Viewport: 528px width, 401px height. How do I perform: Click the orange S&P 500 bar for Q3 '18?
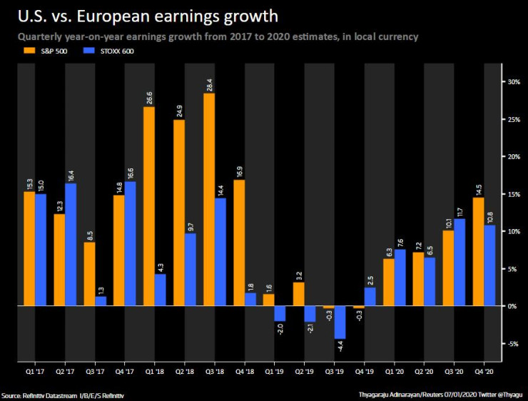[x=209, y=200]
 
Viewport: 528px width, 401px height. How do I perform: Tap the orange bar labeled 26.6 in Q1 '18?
[x=149, y=206]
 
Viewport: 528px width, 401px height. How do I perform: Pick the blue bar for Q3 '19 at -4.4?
[x=340, y=323]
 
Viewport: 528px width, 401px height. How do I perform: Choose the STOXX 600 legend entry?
[x=105, y=51]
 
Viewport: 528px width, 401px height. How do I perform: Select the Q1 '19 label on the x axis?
[x=275, y=372]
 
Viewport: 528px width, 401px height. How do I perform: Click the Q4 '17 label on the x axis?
[x=125, y=372]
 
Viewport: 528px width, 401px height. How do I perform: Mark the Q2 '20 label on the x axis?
[x=424, y=372]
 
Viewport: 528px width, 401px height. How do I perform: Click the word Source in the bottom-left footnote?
[x=11, y=395]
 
